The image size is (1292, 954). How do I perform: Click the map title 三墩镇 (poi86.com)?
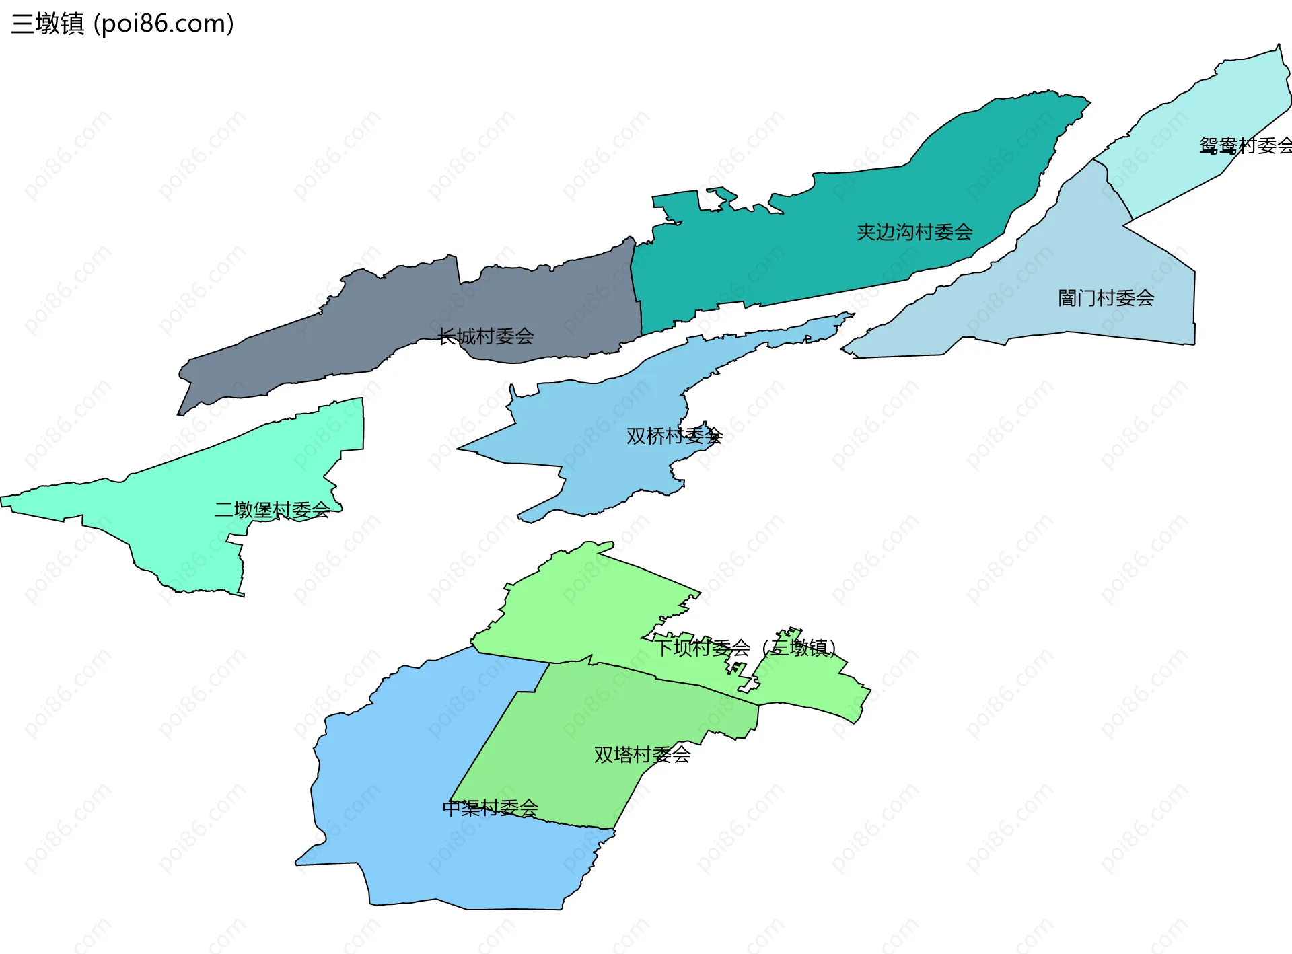(122, 24)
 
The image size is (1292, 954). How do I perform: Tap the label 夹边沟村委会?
(914, 232)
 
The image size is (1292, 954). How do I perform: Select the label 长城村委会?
(485, 336)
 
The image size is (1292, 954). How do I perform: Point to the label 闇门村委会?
(1106, 298)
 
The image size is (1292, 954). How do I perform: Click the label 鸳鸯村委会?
(1245, 145)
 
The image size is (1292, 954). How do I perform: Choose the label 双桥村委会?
(674, 436)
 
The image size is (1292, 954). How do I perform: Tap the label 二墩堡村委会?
(272, 510)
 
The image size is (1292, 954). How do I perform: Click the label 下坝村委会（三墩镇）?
(746, 648)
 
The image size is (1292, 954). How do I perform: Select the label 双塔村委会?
(642, 755)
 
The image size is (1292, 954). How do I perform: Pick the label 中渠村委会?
(490, 807)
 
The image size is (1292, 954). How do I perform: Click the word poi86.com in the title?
(164, 24)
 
